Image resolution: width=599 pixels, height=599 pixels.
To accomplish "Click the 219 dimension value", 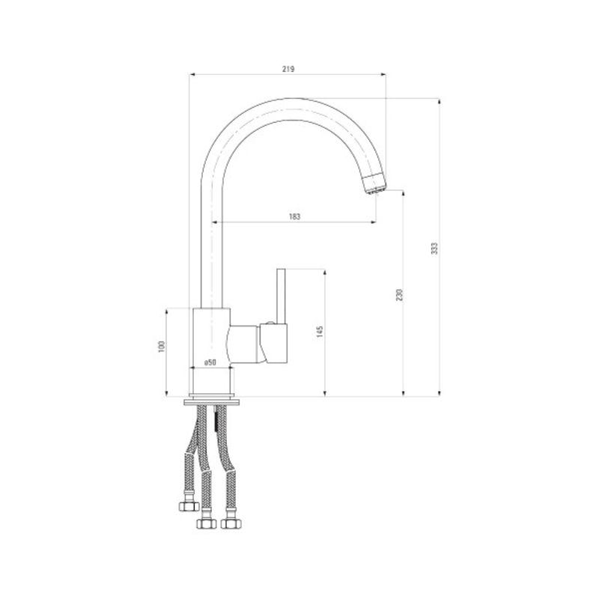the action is (x=288, y=69).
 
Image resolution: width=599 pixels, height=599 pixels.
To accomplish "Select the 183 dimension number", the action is (x=294, y=216).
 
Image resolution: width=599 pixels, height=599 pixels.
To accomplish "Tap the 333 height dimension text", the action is (x=434, y=249).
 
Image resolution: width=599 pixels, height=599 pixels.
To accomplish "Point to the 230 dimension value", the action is (x=399, y=295).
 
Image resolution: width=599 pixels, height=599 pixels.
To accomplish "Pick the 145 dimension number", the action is (x=320, y=332).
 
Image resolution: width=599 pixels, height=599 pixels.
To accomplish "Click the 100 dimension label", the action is (x=162, y=347).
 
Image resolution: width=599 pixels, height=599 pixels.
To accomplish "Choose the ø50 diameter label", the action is (x=210, y=362).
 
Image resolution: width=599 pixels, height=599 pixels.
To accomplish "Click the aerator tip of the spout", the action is (x=375, y=183).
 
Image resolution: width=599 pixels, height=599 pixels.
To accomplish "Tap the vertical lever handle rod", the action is (x=281, y=296).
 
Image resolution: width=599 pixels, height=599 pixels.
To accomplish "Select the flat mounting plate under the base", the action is (x=212, y=401).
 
